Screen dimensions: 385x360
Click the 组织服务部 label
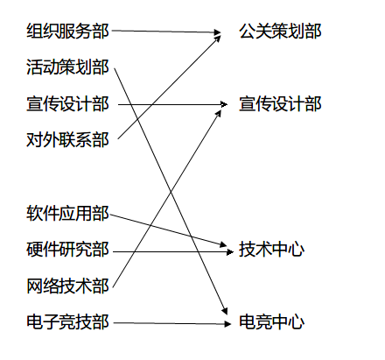pyautogui.click(x=67, y=32)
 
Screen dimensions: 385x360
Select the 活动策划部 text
pyautogui.click(x=67, y=67)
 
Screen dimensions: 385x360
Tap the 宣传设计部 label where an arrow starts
pyautogui.click(x=67, y=104)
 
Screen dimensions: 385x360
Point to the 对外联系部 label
pyautogui.click(x=67, y=140)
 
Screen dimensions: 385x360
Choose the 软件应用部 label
pyautogui.click(x=67, y=213)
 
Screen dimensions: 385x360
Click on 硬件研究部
pyautogui.click(x=67, y=250)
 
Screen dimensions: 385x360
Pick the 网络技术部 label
pyautogui.click(x=67, y=286)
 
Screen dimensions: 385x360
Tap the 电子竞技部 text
pyautogui.click(x=67, y=321)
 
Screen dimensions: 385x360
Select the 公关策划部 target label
pyautogui.click(x=280, y=32)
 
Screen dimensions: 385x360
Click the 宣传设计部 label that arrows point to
pyautogui.click(x=280, y=104)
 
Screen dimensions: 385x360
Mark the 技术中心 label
pyautogui.click(x=271, y=250)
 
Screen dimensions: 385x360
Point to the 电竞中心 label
pyautogui.click(x=271, y=321)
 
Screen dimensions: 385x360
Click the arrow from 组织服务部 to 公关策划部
pyautogui.click(x=166, y=32)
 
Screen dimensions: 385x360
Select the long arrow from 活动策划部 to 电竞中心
pyautogui.click(x=171, y=191)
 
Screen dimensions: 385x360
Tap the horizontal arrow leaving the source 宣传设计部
pyautogui.click(x=172, y=104)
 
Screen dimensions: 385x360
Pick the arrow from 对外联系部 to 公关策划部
pyautogui.click(x=169, y=87)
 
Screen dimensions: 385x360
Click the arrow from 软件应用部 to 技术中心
pyautogui.click(x=169, y=230)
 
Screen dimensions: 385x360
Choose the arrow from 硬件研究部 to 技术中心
pyautogui.click(x=173, y=251)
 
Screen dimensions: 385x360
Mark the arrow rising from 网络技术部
pyautogui.click(x=167, y=199)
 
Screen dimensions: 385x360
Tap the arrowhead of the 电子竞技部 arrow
pyautogui.click(x=227, y=323)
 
